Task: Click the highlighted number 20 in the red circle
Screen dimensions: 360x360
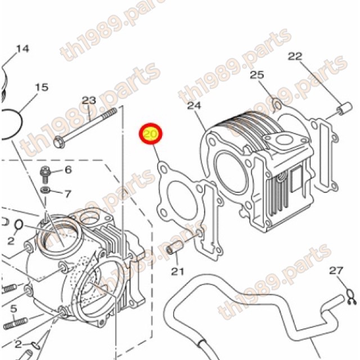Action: (x=150, y=134)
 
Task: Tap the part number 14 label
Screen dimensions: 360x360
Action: (x=22, y=49)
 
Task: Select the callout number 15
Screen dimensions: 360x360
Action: (x=42, y=87)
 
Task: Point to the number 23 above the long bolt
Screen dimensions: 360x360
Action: (x=89, y=100)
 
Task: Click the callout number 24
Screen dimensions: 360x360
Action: (x=194, y=105)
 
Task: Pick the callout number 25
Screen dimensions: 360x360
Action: (x=257, y=75)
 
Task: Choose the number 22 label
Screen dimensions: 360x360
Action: (x=295, y=56)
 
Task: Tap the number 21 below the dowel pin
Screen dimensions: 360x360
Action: (x=178, y=271)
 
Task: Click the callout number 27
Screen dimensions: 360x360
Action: (x=336, y=271)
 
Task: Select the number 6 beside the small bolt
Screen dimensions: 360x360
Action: (x=69, y=170)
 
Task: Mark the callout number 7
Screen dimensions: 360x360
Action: (x=67, y=194)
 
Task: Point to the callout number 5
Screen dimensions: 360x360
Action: (x=13, y=309)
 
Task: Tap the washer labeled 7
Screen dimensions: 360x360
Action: (x=45, y=190)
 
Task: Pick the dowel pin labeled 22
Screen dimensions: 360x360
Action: (x=344, y=107)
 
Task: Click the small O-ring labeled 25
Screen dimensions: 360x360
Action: (x=277, y=105)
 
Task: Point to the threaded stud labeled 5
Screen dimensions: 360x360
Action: (x=16, y=323)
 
